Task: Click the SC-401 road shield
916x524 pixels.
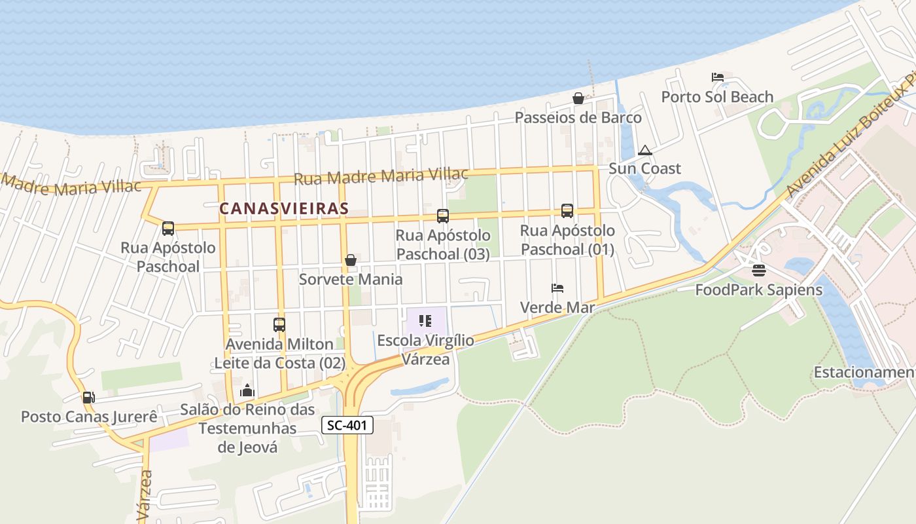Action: pyautogui.click(x=347, y=425)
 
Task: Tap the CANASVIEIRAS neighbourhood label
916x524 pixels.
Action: pyautogui.click(x=283, y=208)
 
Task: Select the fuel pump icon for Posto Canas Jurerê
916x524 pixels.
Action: pyautogui.click(x=88, y=398)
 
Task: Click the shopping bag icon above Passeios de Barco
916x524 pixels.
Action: pyautogui.click(x=578, y=99)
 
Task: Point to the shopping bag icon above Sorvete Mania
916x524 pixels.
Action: pyautogui.click(x=351, y=260)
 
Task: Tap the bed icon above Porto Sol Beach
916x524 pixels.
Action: pyautogui.click(x=717, y=77)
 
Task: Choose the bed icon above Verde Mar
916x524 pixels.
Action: pyautogui.click(x=557, y=288)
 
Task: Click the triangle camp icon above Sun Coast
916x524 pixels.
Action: pyautogui.click(x=645, y=150)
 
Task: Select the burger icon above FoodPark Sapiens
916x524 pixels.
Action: pyautogui.click(x=759, y=271)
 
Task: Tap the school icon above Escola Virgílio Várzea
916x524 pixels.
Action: pyautogui.click(x=425, y=321)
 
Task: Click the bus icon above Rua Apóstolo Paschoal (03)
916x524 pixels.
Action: pyautogui.click(x=443, y=215)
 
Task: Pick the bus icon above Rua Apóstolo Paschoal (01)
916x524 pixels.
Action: pyautogui.click(x=567, y=211)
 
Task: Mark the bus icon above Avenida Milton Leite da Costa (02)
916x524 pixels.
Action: pyautogui.click(x=279, y=324)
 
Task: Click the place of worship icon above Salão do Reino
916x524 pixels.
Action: pyautogui.click(x=247, y=391)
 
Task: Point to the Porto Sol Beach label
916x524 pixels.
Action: pyautogui.click(x=717, y=97)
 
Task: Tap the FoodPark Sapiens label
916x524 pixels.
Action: pyautogui.click(x=758, y=290)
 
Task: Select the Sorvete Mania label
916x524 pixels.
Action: pyautogui.click(x=351, y=279)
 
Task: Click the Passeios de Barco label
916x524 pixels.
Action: pyautogui.click(x=578, y=118)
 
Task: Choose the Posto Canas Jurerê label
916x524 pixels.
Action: pyautogui.click(x=89, y=417)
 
